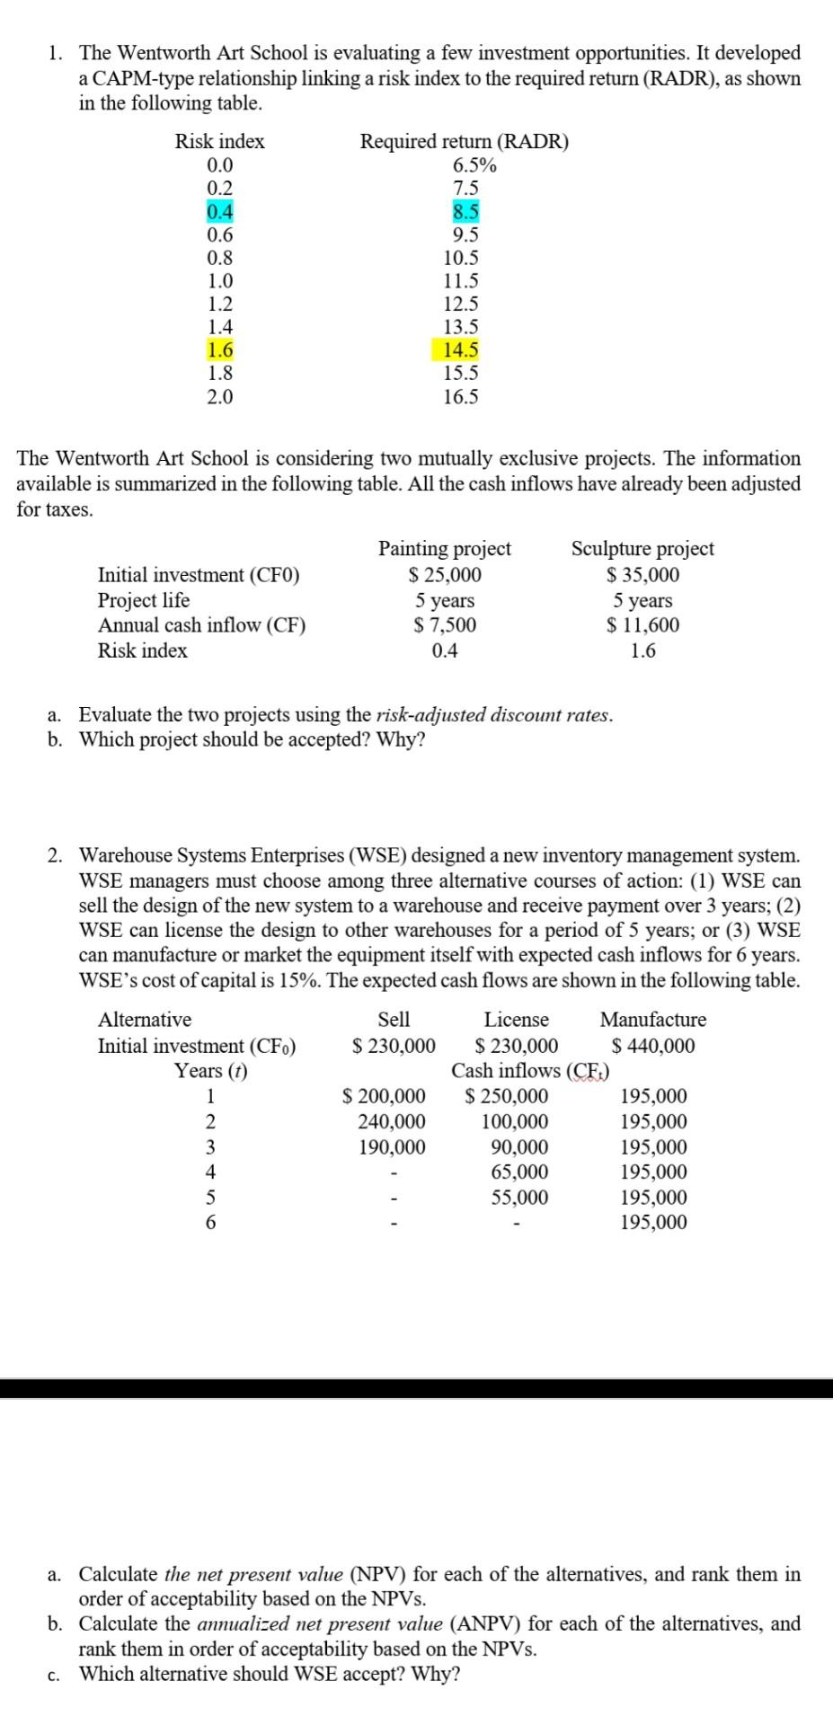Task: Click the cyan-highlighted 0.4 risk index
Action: click(x=219, y=212)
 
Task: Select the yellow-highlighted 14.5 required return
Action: click(x=461, y=350)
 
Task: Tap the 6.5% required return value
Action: click(x=474, y=165)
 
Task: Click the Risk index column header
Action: click(x=219, y=142)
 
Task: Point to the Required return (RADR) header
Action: click(x=464, y=142)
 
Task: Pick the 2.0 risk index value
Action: click(x=219, y=397)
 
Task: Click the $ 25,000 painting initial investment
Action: click(x=445, y=575)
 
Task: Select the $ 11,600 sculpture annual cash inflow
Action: click(x=642, y=625)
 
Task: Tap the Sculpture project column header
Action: click(x=642, y=549)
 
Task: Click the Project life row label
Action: click(x=144, y=600)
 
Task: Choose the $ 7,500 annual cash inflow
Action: click(x=445, y=625)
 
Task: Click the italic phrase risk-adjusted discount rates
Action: click(x=494, y=715)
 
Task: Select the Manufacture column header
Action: click(x=653, y=1020)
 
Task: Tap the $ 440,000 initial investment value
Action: click(x=653, y=1046)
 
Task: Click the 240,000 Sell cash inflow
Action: click(x=392, y=1122)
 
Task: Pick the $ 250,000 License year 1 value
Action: click(x=507, y=1097)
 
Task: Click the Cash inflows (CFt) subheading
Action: click(x=530, y=1071)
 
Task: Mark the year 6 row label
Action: click(x=210, y=1223)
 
